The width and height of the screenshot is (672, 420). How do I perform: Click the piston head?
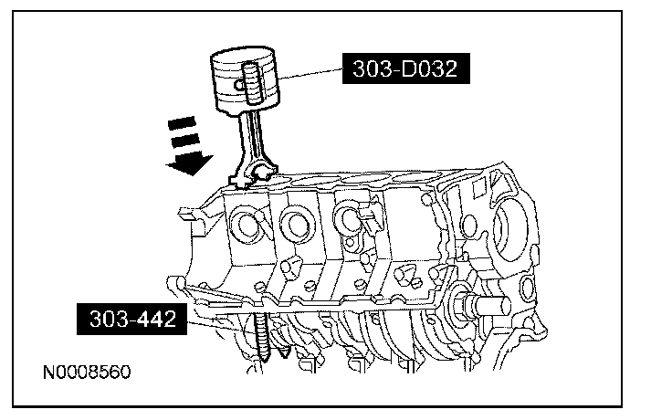[x=246, y=74]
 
